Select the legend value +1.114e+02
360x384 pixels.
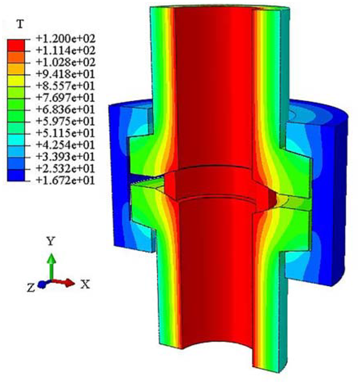(66, 50)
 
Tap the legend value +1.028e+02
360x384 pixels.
(66, 62)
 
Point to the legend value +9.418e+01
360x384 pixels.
(66, 74)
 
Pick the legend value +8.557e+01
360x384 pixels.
(66, 86)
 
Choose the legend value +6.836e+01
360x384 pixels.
(66, 109)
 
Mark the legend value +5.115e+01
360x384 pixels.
(66, 133)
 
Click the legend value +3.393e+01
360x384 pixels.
(66, 156)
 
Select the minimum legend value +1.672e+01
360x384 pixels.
(66, 181)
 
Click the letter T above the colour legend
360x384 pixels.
(20, 24)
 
